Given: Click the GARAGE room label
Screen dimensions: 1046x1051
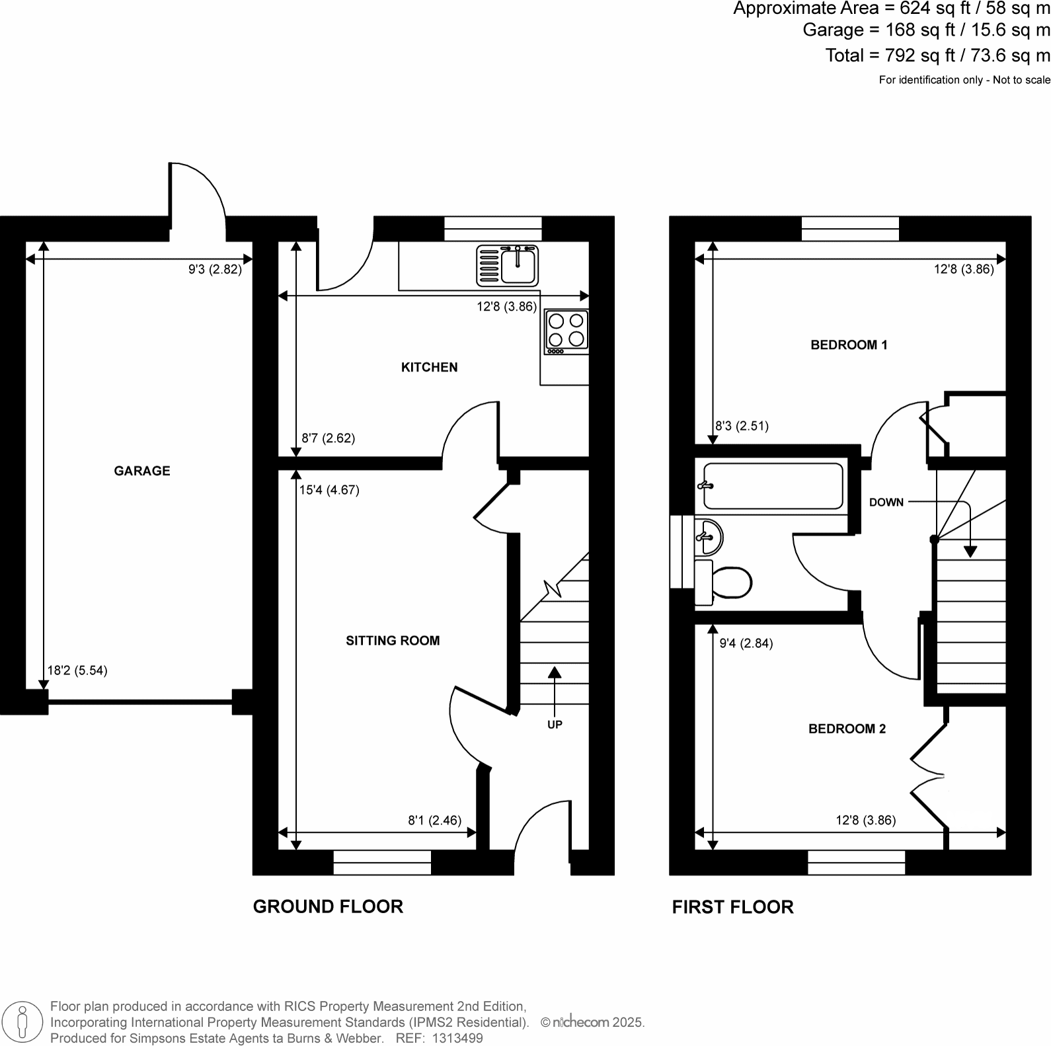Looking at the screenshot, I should (x=142, y=471).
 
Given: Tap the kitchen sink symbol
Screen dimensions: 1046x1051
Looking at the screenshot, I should (x=507, y=264).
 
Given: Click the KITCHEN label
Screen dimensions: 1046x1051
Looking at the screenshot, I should (x=429, y=368).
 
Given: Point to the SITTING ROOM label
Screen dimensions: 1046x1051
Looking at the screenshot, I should (x=393, y=641).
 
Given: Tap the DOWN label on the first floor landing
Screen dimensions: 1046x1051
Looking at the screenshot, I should (x=886, y=503).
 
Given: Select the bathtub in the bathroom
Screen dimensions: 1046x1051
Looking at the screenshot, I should (x=772, y=486).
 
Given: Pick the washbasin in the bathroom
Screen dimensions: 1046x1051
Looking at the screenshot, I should (x=709, y=536).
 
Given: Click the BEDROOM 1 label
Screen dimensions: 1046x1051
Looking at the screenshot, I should (x=849, y=345).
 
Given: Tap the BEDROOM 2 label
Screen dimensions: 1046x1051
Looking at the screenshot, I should (x=847, y=729).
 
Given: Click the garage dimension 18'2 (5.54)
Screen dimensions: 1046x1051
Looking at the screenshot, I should (x=77, y=670).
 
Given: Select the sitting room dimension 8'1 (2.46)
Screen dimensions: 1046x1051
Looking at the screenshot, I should (x=434, y=821).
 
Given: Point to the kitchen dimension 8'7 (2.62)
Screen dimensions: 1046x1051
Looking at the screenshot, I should (x=328, y=438).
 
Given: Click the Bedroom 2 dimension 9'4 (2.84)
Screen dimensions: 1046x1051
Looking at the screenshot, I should (x=746, y=643).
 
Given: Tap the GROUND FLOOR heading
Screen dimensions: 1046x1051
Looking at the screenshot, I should (x=328, y=906).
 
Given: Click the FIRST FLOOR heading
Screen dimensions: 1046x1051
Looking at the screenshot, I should (x=732, y=907).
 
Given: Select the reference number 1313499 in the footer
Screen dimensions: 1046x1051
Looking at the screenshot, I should (x=457, y=1039).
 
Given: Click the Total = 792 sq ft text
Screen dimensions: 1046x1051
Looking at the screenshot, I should (x=937, y=56).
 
